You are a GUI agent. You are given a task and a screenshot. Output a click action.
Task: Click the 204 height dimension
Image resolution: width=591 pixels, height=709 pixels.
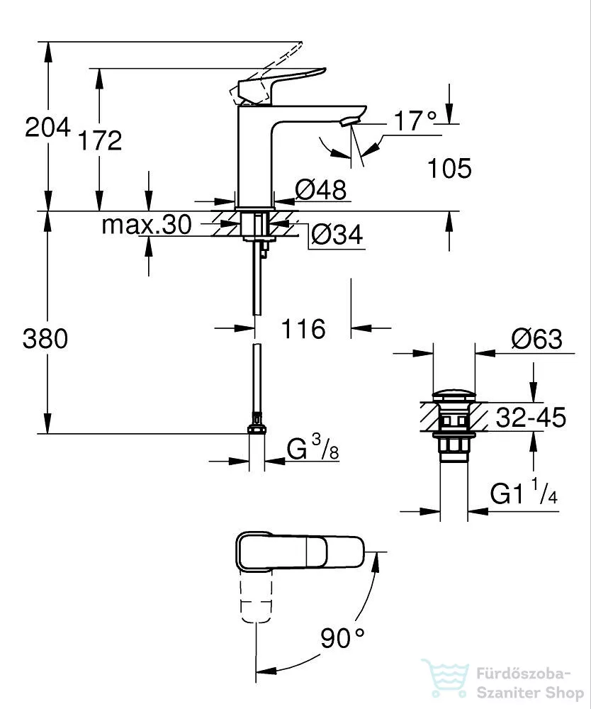(x=48, y=128)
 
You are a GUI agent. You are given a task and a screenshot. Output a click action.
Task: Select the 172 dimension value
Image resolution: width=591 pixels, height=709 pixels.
(x=100, y=140)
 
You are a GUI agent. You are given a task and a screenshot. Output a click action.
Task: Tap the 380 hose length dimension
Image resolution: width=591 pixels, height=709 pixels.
(x=45, y=339)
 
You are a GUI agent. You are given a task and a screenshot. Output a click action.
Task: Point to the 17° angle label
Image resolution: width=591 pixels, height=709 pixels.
(x=415, y=121)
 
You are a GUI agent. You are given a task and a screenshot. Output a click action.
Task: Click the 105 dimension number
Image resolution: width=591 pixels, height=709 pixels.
(x=449, y=169)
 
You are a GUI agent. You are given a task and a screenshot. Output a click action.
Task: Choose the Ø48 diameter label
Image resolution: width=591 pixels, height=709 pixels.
(x=321, y=189)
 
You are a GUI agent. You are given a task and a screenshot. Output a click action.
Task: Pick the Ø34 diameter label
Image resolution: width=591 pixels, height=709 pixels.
(x=337, y=235)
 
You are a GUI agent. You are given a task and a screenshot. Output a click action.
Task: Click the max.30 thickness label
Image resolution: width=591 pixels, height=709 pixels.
(x=147, y=225)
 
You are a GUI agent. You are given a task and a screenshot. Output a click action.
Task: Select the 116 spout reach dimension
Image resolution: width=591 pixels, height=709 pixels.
(x=303, y=329)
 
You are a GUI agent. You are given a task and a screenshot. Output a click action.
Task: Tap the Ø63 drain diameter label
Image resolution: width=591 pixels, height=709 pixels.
(x=536, y=339)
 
